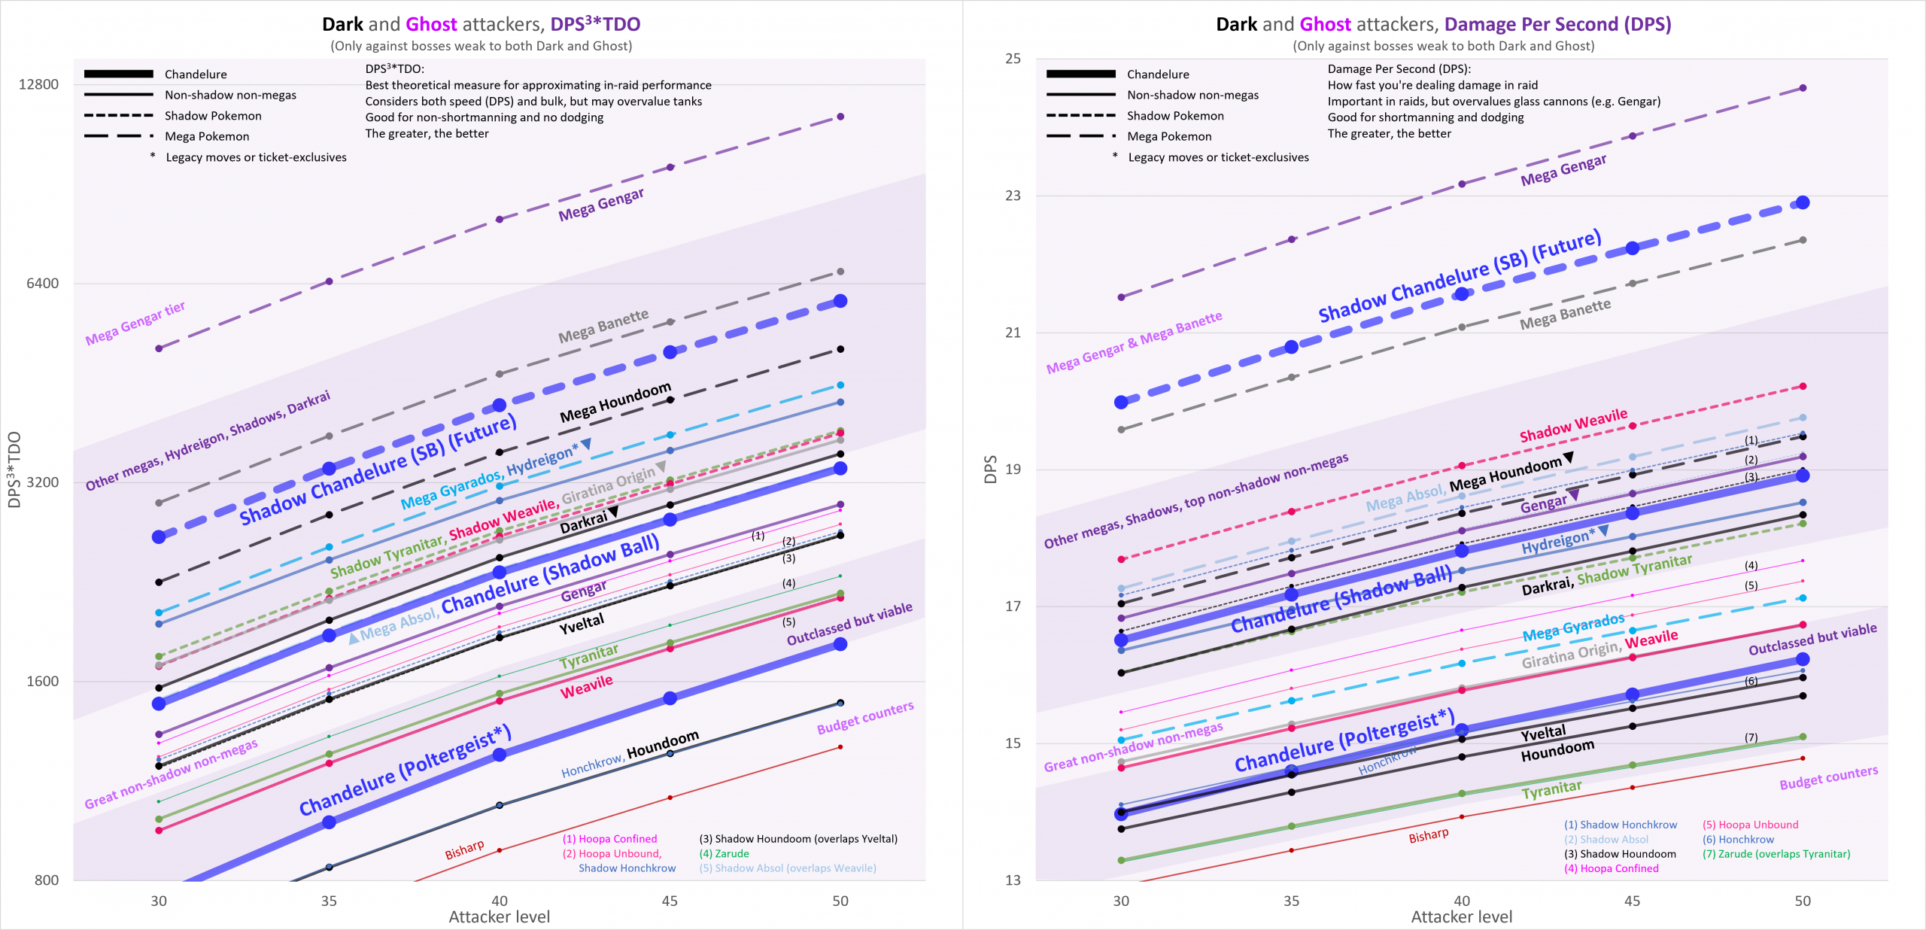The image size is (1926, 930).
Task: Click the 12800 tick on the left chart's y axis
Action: click(x=38, y=84)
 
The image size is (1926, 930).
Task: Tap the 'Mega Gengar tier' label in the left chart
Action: click(x=135, y=324)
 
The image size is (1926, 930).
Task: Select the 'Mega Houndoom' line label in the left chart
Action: click(x=615, y=402)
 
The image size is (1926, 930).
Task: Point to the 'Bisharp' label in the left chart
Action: click(x=464, y=849)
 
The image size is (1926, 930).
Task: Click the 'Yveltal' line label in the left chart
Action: click(x=581, y=624)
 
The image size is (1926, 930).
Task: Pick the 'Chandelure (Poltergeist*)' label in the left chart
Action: click(x=405, y=771)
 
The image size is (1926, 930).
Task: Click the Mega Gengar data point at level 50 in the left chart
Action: click(x=840, y=117)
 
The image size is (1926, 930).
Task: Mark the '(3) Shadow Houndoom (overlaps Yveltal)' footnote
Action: click(x=798, y=839)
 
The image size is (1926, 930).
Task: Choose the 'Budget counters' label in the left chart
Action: click(x=865, y=718)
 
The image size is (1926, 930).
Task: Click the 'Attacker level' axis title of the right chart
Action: click(x=1461, y=917)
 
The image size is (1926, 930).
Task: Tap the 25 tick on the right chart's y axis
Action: click(x=1013, y=59)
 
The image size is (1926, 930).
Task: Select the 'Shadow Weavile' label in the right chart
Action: click(x=1573, y=426)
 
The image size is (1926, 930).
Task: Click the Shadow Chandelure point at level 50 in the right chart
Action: click(x=1803, y=202)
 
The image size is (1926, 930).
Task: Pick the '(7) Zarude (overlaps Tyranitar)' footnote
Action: click(x=1776, y=854)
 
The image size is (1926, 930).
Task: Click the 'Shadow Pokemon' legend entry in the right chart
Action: click(x=1175, y=116)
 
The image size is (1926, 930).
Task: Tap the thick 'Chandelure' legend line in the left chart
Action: click(x=119, y=74)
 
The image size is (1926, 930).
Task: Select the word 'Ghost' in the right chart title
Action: click(x=1325, y=24)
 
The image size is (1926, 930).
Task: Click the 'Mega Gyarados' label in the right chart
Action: click(x=1573, y=628)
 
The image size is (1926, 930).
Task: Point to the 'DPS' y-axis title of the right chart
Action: click(x=990, y=469)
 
